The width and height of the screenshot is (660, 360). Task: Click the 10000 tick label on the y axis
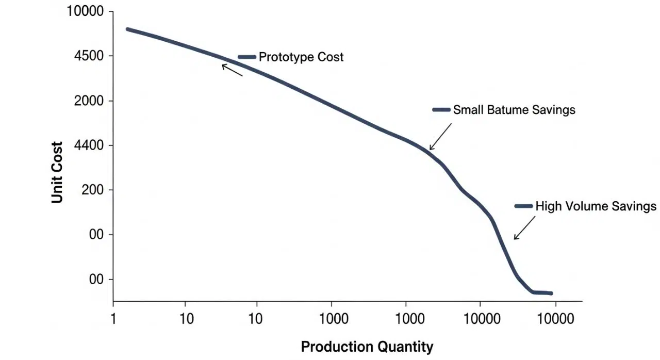coord(85,11)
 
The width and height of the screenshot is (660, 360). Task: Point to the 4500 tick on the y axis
coord(89,56)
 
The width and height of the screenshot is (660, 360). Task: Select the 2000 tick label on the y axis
coord(89,101)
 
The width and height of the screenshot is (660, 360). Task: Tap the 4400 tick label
coord(89,145)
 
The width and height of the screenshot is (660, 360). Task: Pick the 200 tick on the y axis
coord(92,190)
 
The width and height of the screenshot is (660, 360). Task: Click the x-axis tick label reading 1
coord(113,318)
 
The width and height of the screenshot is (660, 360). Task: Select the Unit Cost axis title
coord(57,172)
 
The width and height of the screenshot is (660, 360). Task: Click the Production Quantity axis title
coord(367,347)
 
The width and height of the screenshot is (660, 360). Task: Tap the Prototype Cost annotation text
coord(301,57)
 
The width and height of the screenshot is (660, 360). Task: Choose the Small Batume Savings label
coord(514,110)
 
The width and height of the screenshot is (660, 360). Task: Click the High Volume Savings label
coord(596,206)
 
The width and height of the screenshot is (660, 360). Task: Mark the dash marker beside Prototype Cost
coord(247,57)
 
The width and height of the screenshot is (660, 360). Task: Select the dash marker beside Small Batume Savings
coord(441,110)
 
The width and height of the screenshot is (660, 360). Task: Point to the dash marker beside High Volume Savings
coord(523,206)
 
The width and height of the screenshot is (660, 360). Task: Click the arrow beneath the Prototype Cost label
coord(232,70)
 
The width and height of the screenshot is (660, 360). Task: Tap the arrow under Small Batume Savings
coord(440,137)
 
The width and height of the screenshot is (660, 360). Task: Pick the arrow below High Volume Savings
coord(524,228)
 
